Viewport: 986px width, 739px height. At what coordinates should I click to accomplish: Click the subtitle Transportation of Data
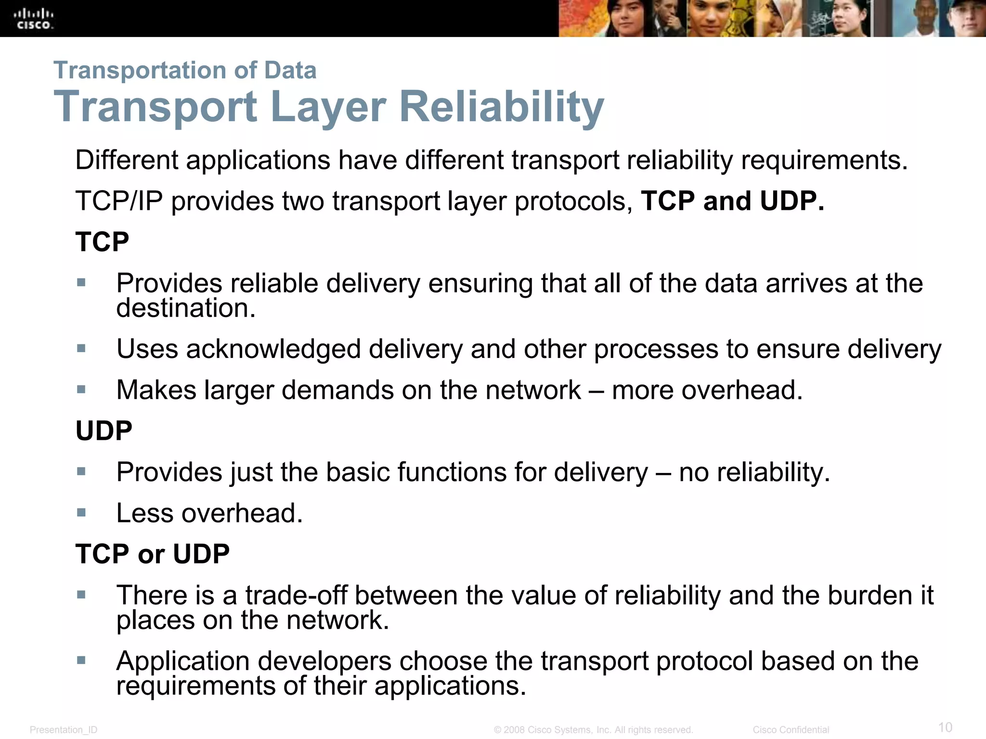(x=185, y=70)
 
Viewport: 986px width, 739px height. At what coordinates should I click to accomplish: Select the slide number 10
(x=945, y=727)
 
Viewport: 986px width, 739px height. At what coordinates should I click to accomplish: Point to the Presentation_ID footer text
(x=64, y=730)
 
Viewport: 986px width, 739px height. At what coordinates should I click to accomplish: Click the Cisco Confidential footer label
(x=791, y=730)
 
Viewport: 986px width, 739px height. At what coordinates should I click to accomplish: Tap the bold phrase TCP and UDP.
(x=732, y=201)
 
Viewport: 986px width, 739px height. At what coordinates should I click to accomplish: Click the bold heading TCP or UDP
(x=152, y=554)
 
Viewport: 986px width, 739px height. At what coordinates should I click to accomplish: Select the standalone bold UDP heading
(x=104, y=431)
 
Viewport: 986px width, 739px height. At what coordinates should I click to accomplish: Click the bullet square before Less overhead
(x=81, y=512)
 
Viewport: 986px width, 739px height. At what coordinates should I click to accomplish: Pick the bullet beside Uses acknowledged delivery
(x=81, y=348)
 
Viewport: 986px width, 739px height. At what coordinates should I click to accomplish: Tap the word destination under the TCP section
(x=185, y=308)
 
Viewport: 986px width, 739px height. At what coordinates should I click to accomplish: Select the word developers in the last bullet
(x=324, y=661)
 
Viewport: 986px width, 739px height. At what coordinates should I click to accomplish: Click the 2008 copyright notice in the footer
(x=593, y=730)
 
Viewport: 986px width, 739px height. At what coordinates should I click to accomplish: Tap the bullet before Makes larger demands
(x=81, y=389)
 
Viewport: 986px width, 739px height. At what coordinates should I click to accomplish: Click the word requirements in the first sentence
(x=824, y=161)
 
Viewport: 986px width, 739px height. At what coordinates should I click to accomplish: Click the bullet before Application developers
(x=81, y=660)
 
